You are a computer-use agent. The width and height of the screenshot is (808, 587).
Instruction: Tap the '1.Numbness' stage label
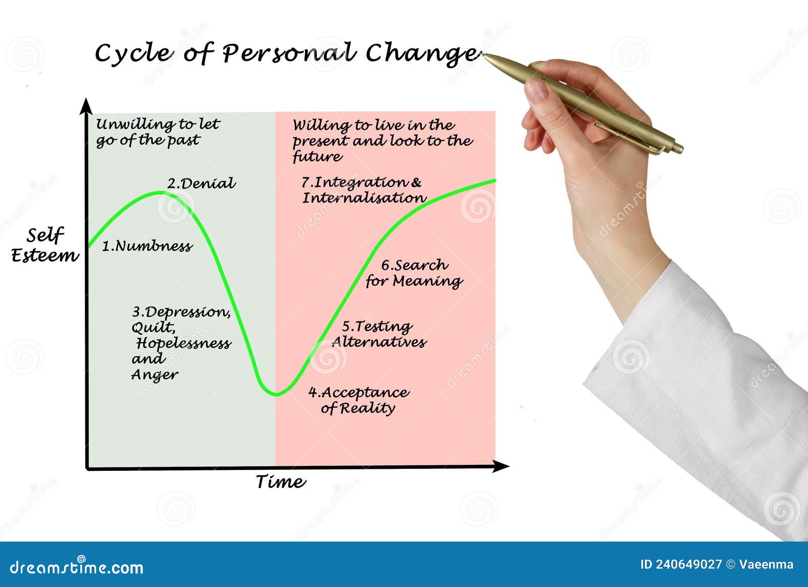pyautogui.click(x=147, y=246)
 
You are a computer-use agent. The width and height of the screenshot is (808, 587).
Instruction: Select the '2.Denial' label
pyautogui.click(x=201, y=183)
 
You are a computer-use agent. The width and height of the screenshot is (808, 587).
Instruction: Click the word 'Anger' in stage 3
pyautogui.click(x=155, y=375)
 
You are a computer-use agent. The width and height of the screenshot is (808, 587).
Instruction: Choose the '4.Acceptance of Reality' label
pyautogui.click(x=359, y=400)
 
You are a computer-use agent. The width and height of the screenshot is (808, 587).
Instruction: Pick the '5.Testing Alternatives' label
pyautogui.click(x=379, y=334)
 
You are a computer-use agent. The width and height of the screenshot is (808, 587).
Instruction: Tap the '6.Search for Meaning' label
pyautogui.click(x=414, y=273)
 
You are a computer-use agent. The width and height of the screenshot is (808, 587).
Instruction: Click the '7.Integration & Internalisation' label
pyautogui.click(x=364, y=190)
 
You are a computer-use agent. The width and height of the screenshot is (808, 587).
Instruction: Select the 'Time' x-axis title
pyautogui.click(x=280, y=482)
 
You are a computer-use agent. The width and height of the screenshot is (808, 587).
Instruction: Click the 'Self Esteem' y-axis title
pyautogui.click(x=45, y=245)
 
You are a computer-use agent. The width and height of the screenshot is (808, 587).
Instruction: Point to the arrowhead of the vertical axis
pyautogui.click(x=87, y=105)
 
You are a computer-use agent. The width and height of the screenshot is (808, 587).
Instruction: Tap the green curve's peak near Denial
pyautogui.click(x=159, y=192)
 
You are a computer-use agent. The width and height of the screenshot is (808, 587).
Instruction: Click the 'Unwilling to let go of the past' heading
pyautogui.click(x=158, y=132)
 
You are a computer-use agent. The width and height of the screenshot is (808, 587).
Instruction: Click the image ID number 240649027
pyautogui.click(x=688, y=564)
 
